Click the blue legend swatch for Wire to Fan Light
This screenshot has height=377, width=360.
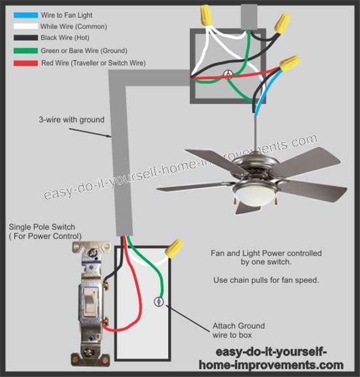(25, 15)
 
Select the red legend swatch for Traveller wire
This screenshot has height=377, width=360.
(25, 63)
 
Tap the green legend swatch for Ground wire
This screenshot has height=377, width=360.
(25, 51)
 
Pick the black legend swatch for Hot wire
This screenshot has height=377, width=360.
(25, 38)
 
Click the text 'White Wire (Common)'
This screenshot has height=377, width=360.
(74, 26)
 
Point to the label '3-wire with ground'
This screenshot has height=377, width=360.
(71, 119)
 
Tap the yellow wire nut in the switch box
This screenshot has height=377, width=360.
(174, 249)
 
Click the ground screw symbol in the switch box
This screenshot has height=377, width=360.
(158, 302)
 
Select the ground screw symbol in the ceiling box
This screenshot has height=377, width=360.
(227, 74)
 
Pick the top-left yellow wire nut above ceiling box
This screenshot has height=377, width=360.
(206, 15)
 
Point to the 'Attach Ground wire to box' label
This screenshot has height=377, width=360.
(238, 330)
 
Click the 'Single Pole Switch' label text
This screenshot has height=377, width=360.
(42, 227)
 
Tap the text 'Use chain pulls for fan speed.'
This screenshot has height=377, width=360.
(266, 280)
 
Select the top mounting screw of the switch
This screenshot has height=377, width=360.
(92, 253)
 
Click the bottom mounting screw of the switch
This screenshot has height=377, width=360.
(89, 353)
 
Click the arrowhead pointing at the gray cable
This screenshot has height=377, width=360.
(109, 136)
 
